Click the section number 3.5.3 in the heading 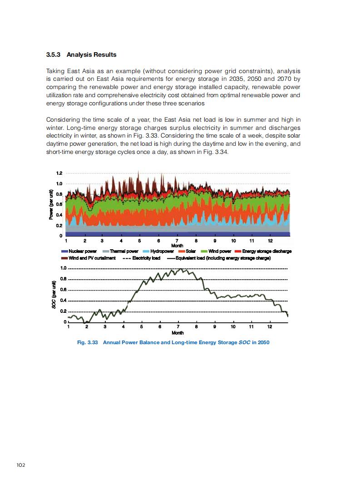point(54,55)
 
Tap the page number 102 point(21,464)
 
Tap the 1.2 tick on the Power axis point(59,173)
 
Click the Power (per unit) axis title point(51,204)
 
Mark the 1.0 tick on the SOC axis point(64,268)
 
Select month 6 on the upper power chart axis point(158,240)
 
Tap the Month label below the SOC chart point(178,333)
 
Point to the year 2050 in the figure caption point(263,342)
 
